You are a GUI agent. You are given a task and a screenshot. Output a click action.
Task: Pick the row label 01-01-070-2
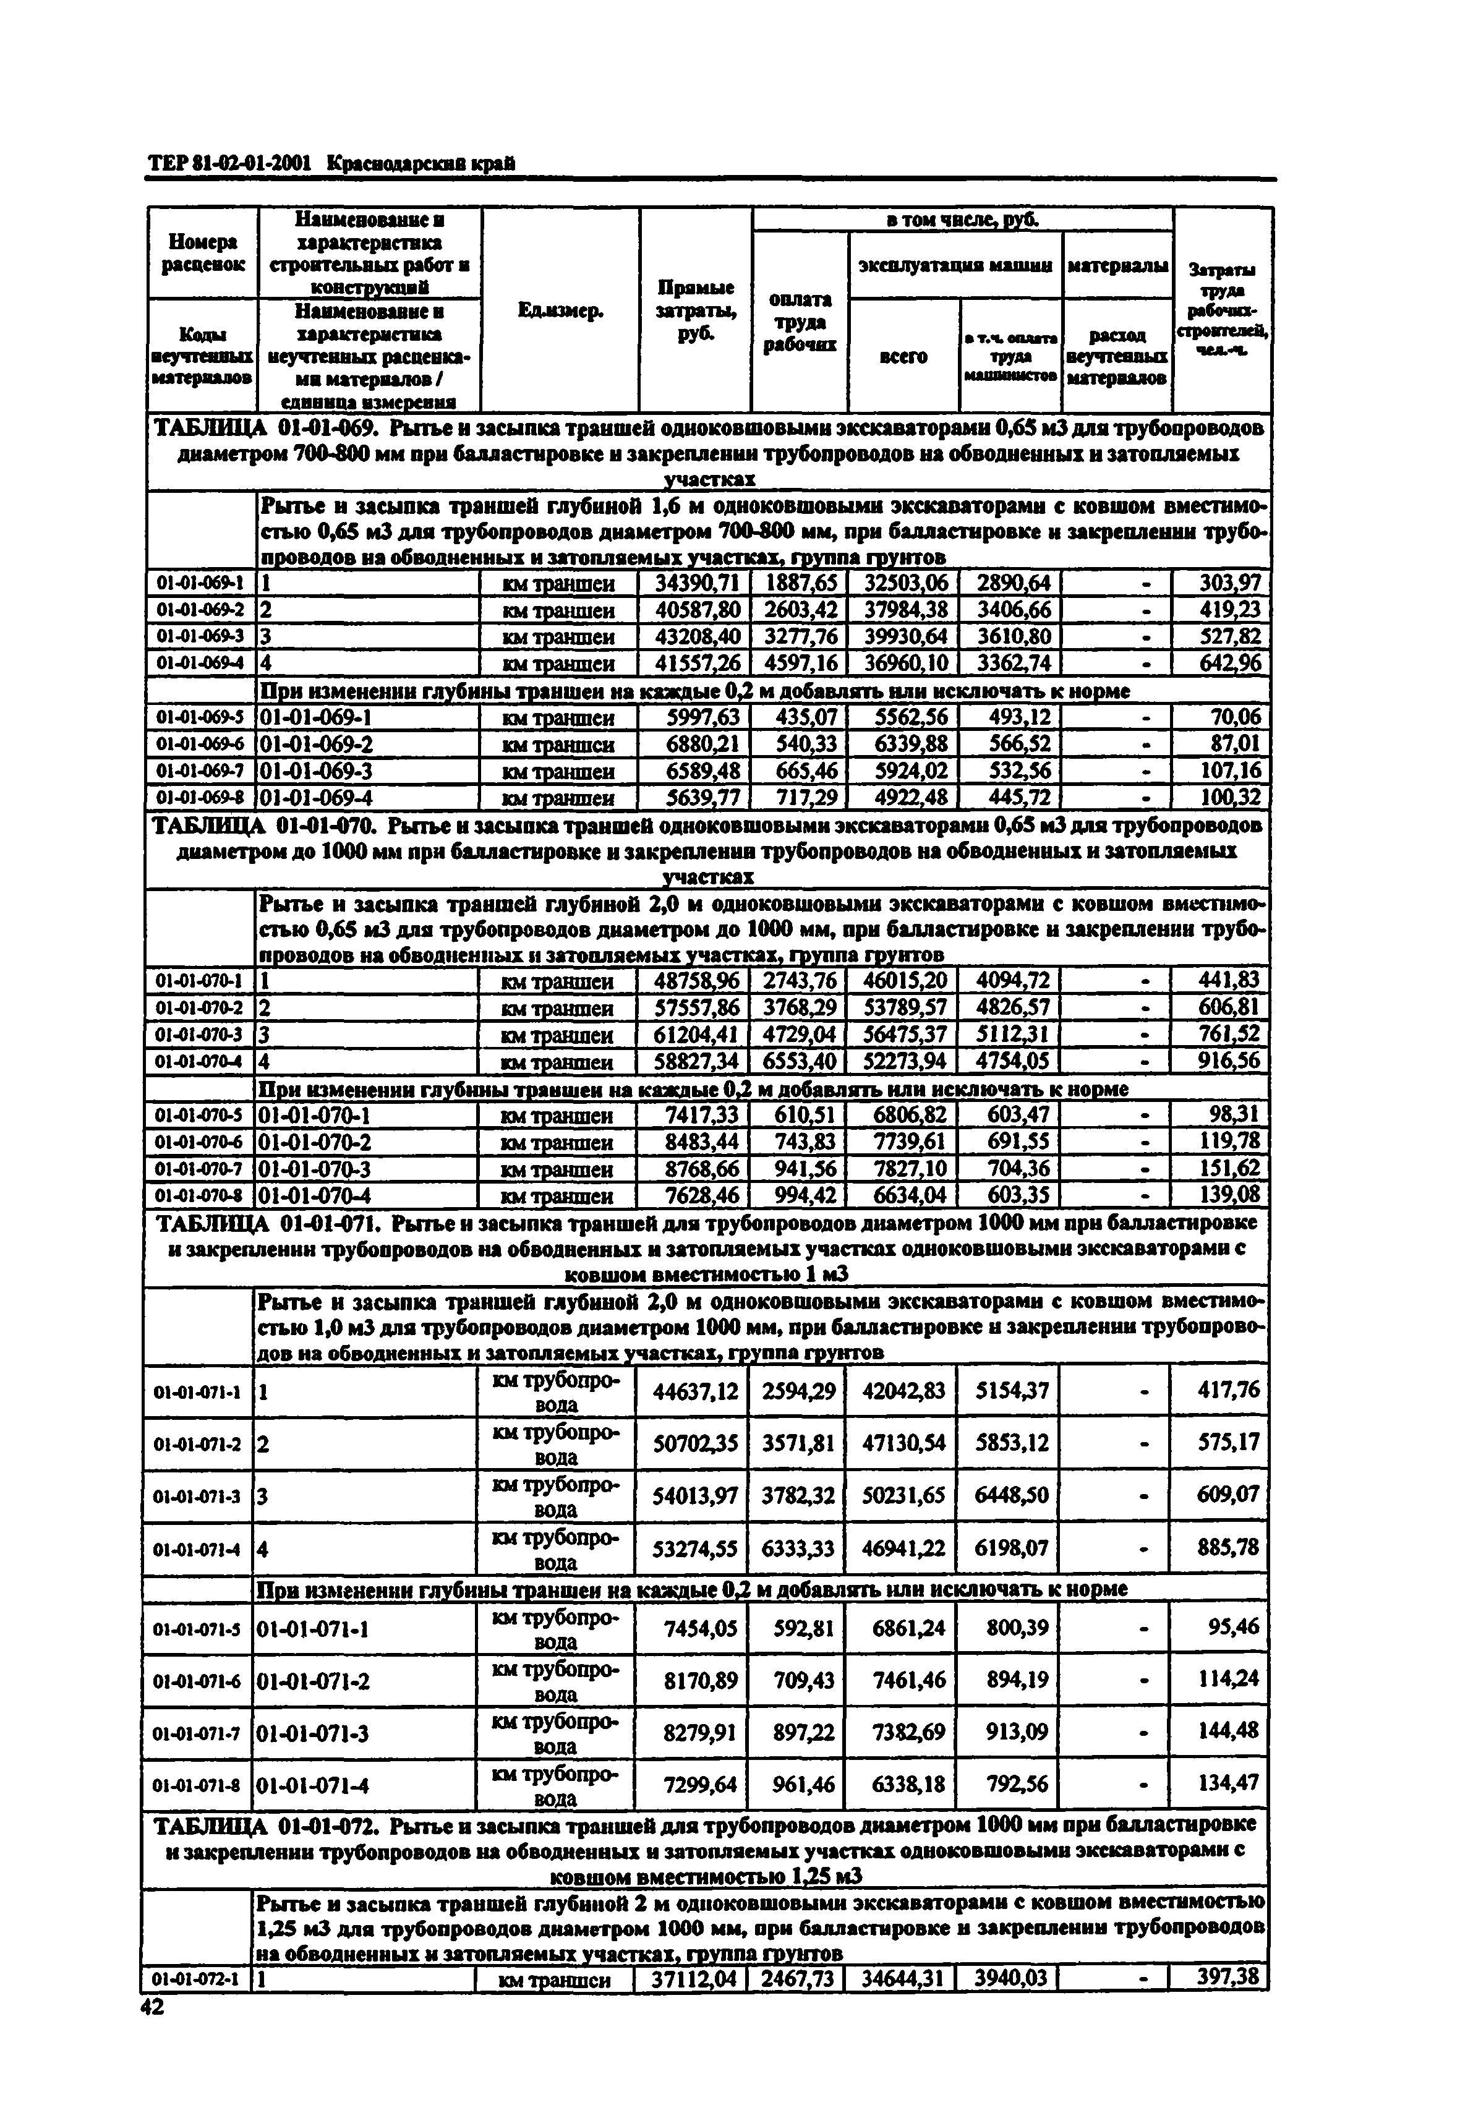[199, 1007]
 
